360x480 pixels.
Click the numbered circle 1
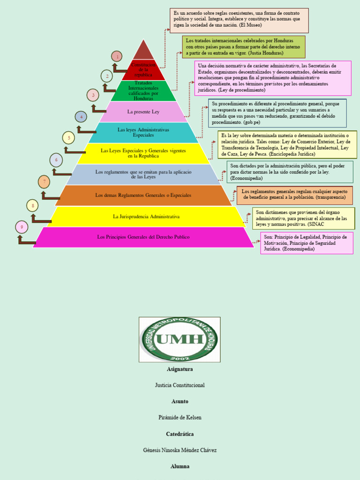tap(117, 57)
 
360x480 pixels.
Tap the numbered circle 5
tap(68, 138)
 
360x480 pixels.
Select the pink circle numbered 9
tap(21, 227)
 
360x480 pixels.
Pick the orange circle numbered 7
tap(44, 181)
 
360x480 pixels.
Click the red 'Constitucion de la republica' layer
tap(143, 70)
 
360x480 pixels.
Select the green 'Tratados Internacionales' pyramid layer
tap(143, 91)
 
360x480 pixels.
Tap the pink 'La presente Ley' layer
tap(143, 112)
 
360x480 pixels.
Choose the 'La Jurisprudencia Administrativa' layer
tap(146, 217)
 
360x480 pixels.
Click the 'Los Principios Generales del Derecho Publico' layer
tap(143, 237)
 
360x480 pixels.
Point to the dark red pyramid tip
tap(143, 51)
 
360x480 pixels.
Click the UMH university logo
tap(179, 339)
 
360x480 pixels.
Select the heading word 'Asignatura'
tap(180, 369)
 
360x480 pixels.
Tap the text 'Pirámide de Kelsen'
tap(180, 417)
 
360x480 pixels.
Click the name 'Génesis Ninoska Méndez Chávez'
tap(180, 450)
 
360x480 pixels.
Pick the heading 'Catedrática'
tap(180, 434)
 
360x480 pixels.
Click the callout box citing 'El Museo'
tap(239, 20)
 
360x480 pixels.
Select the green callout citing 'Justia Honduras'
tap(243, 47)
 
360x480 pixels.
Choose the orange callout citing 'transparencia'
tap(294, 195)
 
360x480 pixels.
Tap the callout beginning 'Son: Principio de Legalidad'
tap(307, 243)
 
